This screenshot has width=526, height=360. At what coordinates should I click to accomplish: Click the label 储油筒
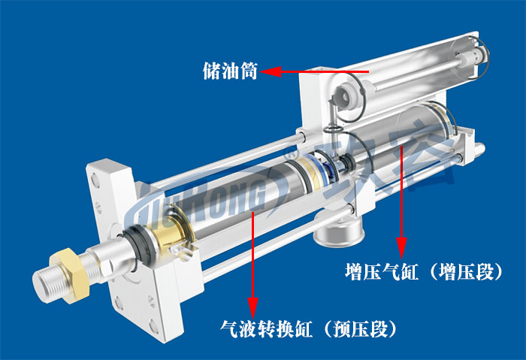(230, 72)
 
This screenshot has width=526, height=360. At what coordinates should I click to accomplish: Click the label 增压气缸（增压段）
(424, 271)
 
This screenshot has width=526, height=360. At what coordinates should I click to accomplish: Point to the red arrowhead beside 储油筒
(269, 72)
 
